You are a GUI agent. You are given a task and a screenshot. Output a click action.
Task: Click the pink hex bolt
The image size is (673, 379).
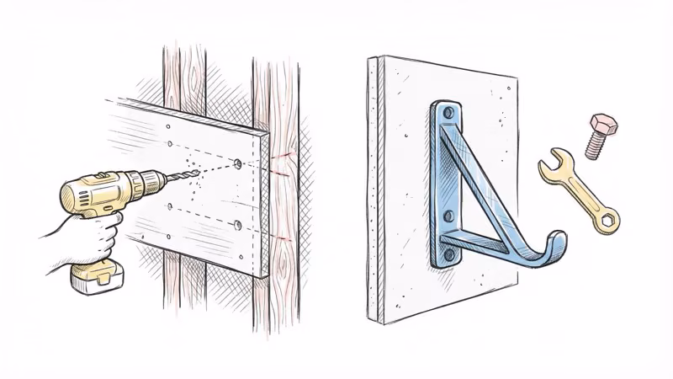coord(599,135)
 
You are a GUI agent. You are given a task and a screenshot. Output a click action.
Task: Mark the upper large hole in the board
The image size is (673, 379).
coord(237,162)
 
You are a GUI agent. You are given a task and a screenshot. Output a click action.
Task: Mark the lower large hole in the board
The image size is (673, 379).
coord(238,225)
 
